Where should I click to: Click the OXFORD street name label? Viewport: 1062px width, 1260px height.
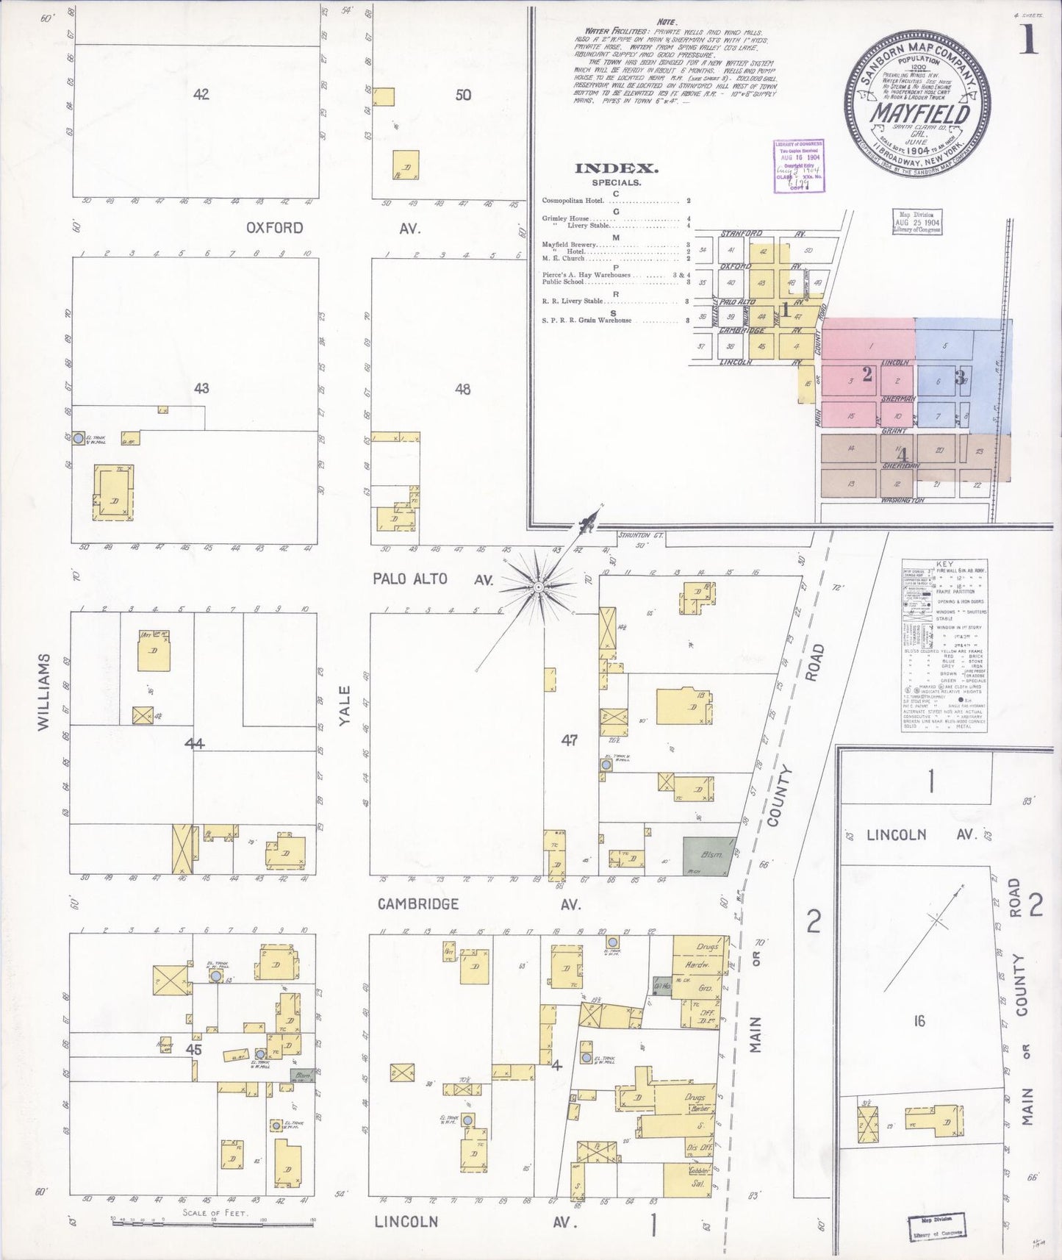click(x=274, y=228)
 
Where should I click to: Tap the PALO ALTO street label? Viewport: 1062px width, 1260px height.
click(x=409, y=579)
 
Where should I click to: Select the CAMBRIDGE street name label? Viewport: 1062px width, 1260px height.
click(x=417, y=903)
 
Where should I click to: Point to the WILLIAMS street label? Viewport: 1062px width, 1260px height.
click(x=43, y=691)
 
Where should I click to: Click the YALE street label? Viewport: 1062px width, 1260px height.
click(x=345, y=706)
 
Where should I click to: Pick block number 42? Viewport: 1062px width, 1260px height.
click(x=201, y=94)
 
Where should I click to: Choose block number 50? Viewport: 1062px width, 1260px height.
click(x=463, y=95)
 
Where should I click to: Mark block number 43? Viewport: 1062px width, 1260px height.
click(x=201, y=387)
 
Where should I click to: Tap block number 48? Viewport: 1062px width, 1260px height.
click(x=462, y=389)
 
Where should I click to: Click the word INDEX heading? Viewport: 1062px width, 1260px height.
click(x=616, y=168)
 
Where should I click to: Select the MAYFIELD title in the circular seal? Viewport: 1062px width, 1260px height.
click(x=920, y=114)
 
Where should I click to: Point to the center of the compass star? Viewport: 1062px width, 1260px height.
click(x=539, y=587)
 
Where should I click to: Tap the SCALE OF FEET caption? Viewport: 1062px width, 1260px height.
click(x=215, y=1212)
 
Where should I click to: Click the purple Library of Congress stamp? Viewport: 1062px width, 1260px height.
click(x=798, y=165)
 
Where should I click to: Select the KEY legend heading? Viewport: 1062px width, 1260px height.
click(x=945, y=564)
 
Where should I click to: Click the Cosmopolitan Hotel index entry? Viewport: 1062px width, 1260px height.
click(x=573, y=201)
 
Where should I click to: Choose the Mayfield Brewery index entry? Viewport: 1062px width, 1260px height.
click(x=570, y=244)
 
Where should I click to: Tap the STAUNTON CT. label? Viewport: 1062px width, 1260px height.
click(x=639, y=535)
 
